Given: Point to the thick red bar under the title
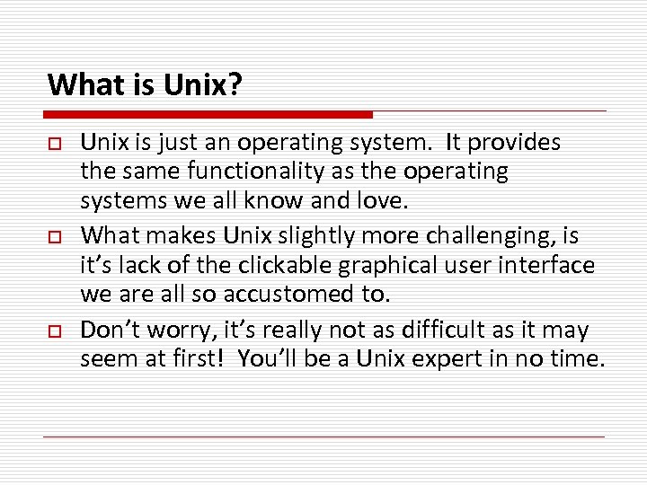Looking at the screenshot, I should coord(208,114).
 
